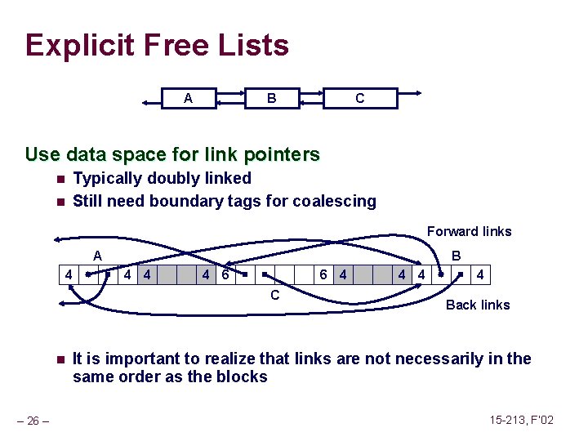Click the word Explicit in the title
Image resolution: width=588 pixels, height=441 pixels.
pyautogui.click(x=78, y=45)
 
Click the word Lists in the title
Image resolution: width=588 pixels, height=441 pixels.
pyautogui.click(x=252, y=45)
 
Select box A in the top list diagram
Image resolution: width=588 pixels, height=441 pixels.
pyautogui.click(x=189, y=99)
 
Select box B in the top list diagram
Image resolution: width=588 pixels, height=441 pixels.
pyautogui.click(x=272, y=99)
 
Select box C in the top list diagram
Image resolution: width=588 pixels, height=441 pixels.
pyautogui.click(x=359, y=99)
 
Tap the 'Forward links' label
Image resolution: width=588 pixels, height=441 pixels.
pyautogui.click(x=469, y=231)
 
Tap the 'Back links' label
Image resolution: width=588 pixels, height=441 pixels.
pyautogui.click(x=478, y=305)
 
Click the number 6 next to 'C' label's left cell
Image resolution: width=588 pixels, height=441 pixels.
pyautogui.click(x=225, y=275)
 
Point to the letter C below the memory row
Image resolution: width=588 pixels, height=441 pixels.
pyautogui.click(x=274, y=295)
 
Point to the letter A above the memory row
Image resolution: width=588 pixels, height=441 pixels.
pyautogui.click(x=97, y=256)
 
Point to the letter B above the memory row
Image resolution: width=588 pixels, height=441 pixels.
pyautogui.click(x=457, y=256)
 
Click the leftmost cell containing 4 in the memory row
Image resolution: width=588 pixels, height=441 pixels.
pyautogui.click(x=70, y=275)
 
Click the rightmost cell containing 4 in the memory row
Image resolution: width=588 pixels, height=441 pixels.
pyautogui.click(x=480, y=275)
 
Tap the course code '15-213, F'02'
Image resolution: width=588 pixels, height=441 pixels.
pyautogui.click(x=521, y=420)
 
